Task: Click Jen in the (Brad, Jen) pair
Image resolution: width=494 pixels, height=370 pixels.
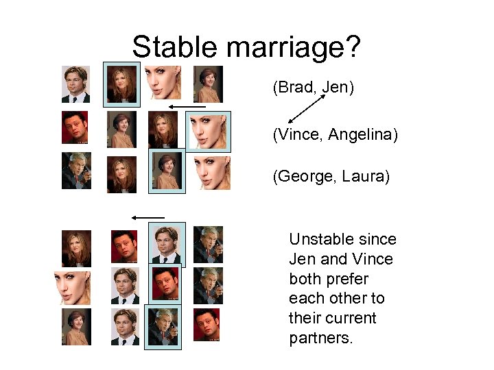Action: point(336,88)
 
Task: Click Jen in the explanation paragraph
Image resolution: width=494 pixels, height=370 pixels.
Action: point(303,260)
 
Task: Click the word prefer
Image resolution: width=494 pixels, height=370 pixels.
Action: point(349,280)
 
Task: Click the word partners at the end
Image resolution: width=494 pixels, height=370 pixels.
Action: point(321,338)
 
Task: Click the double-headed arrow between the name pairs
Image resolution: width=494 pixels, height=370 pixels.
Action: point(307,110)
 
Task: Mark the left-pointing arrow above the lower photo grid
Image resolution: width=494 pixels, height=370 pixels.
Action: point(148,217)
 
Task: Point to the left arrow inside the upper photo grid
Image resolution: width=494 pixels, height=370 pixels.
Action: point(187,107)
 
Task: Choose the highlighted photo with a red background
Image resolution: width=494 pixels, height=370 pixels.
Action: point(165,282)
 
